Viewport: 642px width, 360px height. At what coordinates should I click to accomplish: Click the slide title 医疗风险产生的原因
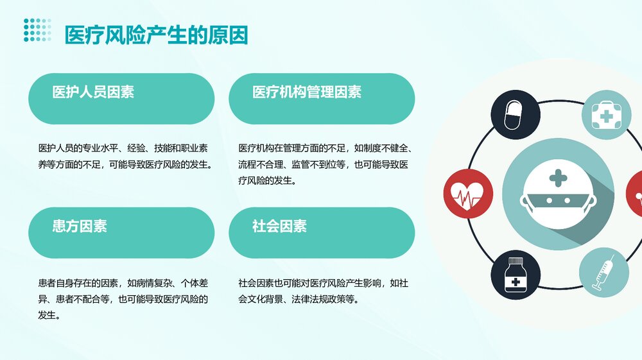click(x=156, y=35)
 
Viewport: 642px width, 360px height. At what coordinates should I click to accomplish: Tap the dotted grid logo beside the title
click(x=37, y=30)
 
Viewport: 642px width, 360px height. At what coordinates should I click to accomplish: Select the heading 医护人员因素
click(x=93, y=92)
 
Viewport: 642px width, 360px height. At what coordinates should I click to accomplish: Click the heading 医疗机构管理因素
click(x=307, y=92)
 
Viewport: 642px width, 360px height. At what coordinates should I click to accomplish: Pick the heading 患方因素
click(x=80, y=226)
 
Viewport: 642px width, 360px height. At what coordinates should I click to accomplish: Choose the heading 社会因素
click(x=279, y=226)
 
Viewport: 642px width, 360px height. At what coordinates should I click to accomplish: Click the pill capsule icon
click(x=516, y=115)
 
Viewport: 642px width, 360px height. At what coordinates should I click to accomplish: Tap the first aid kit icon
click(x=606, y=115)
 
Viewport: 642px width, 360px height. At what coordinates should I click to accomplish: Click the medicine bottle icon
click(x=516, y=275)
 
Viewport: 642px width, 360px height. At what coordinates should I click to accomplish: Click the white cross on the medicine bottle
click(x=514, y=282)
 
